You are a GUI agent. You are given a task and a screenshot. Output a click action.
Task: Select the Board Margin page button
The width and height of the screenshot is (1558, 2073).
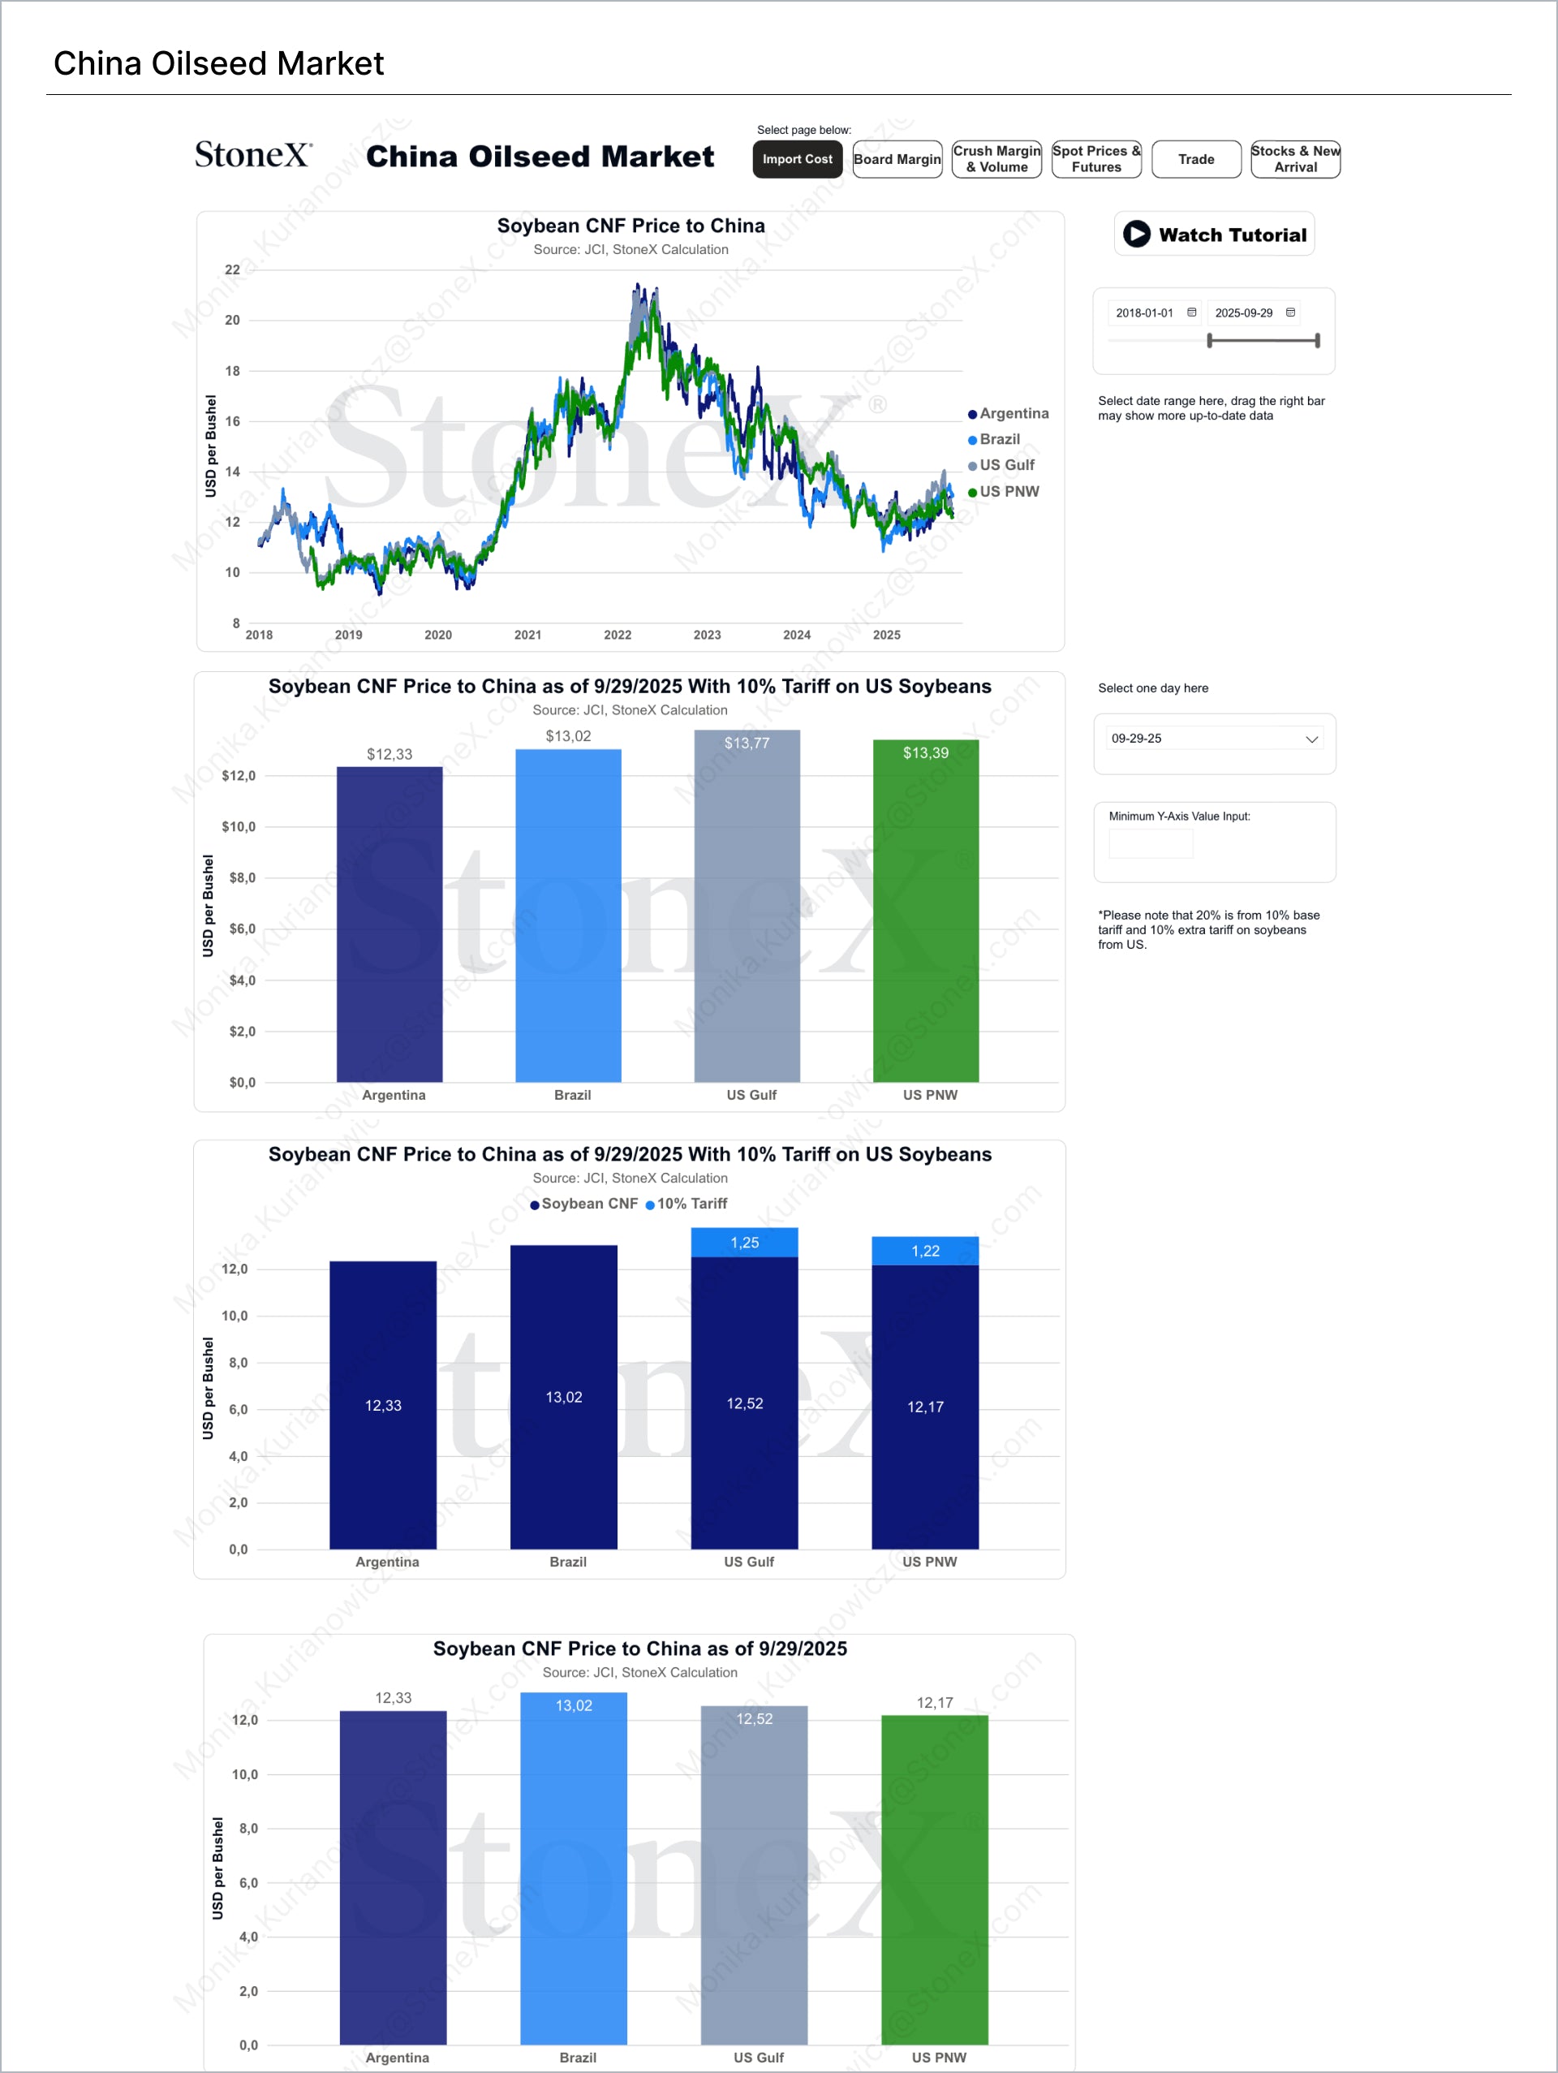[897, 159]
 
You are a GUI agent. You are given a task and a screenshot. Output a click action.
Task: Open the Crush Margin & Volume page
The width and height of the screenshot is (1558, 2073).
[996, 159]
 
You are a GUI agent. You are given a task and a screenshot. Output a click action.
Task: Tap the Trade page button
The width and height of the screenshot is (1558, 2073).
[1195, 159]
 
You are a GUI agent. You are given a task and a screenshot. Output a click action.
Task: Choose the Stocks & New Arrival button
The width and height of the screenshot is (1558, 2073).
[1295, 159]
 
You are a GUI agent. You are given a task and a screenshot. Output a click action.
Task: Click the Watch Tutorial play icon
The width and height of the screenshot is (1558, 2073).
[1136, 235]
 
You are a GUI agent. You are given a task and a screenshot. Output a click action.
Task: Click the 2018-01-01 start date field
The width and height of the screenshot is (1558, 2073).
[1145, 313]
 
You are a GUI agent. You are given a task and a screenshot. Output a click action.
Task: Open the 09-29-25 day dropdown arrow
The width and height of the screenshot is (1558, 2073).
[1311, 739]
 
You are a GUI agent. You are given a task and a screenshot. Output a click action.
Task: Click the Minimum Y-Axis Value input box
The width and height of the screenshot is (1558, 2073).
[1151, 843]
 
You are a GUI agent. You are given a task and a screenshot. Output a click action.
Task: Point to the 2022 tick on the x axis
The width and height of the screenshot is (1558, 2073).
[618, 636]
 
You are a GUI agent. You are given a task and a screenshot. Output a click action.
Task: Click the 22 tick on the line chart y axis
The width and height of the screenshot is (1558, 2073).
[232, 270]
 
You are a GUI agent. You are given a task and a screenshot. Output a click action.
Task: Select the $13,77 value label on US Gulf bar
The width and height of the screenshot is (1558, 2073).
[747, 743]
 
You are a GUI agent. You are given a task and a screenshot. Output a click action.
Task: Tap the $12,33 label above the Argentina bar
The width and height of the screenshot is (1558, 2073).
[389, 754]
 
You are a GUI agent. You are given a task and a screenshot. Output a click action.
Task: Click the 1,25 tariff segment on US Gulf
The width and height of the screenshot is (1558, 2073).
[745, 1243]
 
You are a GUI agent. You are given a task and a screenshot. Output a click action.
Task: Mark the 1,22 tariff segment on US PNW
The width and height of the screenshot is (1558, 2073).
[926, 1251]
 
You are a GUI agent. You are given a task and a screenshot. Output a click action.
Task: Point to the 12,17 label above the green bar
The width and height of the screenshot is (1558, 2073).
[935, 1703]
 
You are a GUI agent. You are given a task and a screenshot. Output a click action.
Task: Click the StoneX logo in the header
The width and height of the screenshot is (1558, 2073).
[253, 155]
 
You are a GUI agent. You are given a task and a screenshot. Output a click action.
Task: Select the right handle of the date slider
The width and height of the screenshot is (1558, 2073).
[1317, 340]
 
